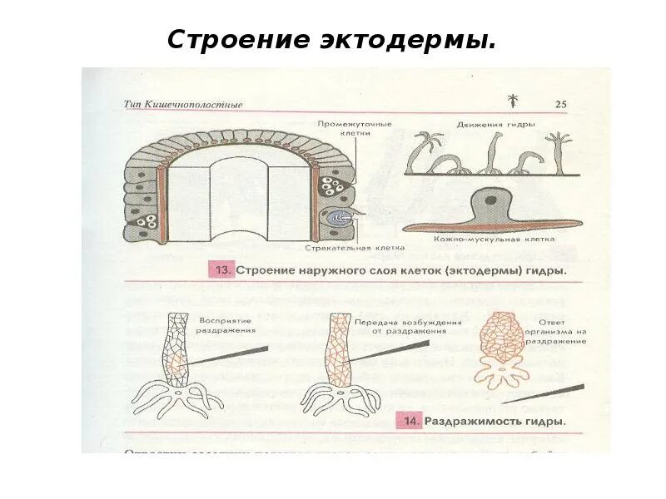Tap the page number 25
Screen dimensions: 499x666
pos(559,105)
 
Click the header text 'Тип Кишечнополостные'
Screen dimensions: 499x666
pos(183,105)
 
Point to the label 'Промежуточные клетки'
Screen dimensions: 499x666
pos(354,128)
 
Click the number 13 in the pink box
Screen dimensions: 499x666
pos(222,270)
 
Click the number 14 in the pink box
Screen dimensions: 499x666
pos(410,421)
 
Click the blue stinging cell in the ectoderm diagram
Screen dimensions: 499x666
pos(340,217)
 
